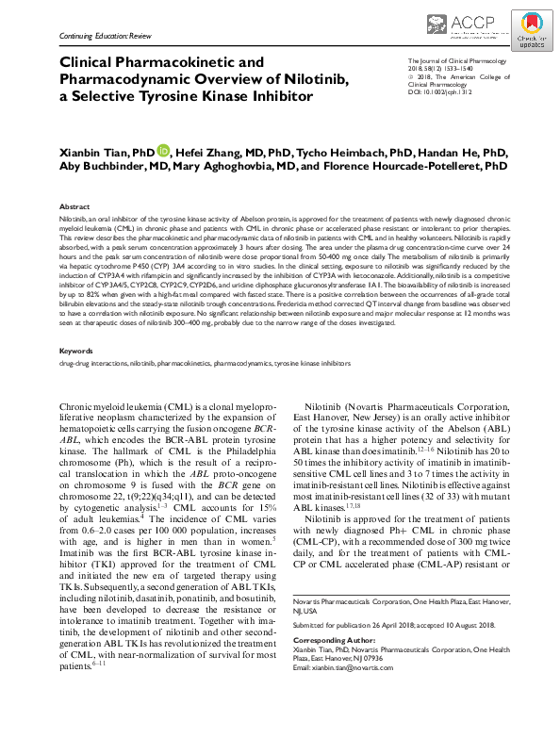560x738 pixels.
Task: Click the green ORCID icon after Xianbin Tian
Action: (x=163, y=150)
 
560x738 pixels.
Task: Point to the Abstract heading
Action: (x=74, y=205)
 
